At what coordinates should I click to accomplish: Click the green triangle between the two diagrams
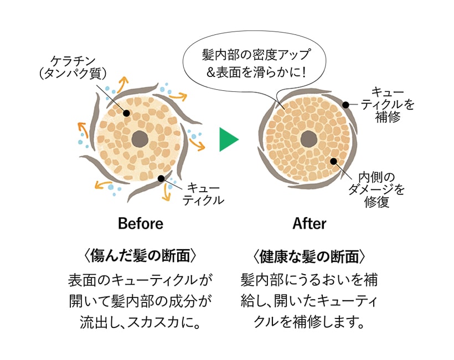228,140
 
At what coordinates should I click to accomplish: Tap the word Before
141,224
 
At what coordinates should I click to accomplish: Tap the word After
309,224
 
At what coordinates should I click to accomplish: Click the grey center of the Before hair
140,139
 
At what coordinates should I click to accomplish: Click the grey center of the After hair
308,140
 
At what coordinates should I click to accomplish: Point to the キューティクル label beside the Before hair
204,194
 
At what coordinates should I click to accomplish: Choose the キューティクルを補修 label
388,105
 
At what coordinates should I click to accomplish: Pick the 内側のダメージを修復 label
376,190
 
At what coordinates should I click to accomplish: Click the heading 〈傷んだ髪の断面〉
141,256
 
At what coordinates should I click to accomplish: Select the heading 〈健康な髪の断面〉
309,256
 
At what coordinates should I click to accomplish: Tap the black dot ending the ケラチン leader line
126,113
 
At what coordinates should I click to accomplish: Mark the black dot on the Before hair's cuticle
161,178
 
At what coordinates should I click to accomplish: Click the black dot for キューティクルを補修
345,105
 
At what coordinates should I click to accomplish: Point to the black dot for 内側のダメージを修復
333,161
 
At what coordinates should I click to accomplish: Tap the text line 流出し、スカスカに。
141,322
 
